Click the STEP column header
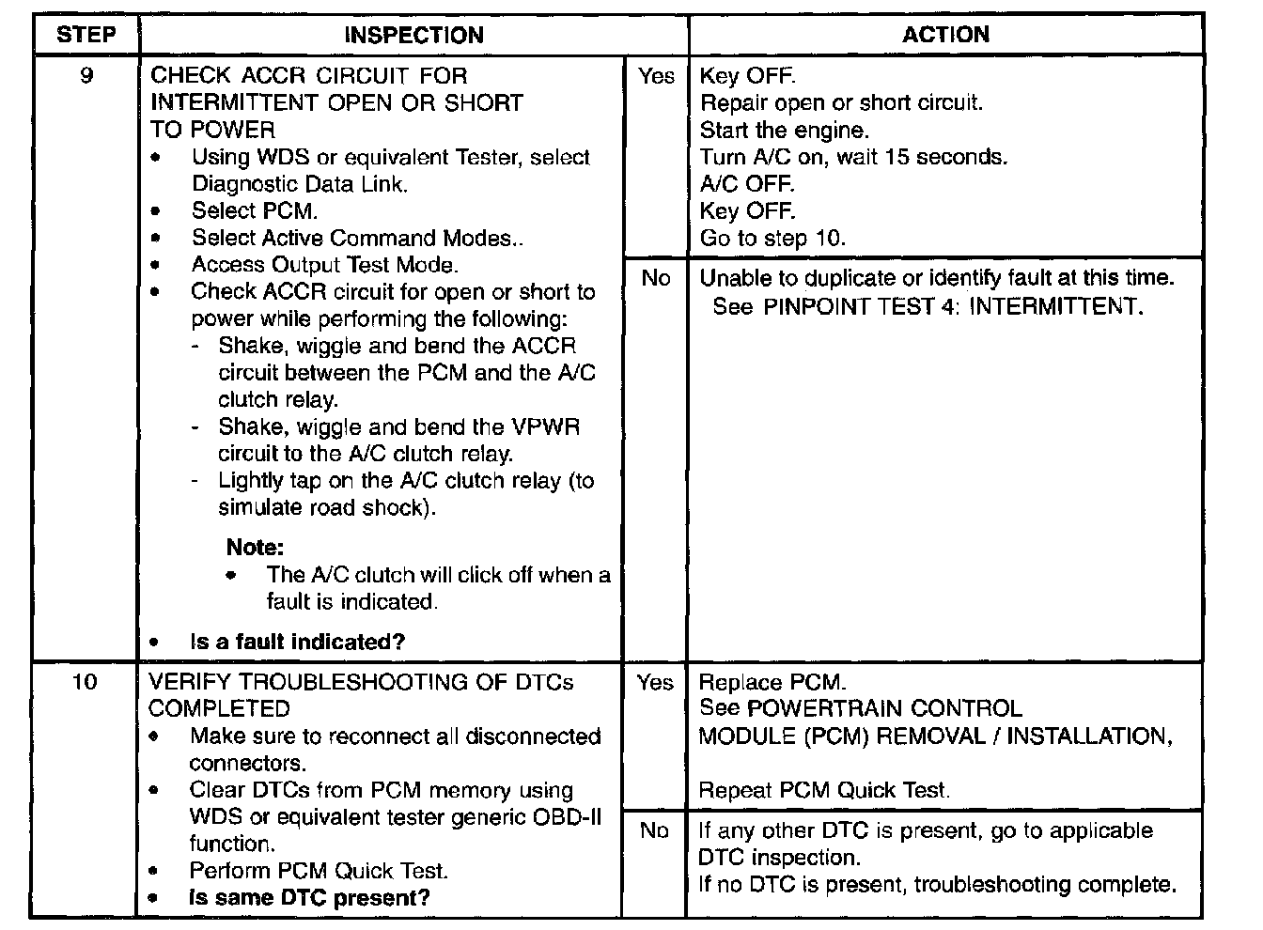pyautogui.click(x=86, y=36)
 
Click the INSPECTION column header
pyautogui.click(x=413, y=36)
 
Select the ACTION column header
pyautogui.click(x=945, y=35)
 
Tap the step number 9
pyautogui.click(x=86, y=76)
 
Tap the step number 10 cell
pyautogui.click(x=85, y=682)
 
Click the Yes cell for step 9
pyautogui.click(x=655, y=76)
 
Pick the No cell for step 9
pyautogui.click(x=655, y=278)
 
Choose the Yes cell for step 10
pyautogui.click(x=654, y=682)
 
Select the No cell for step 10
pyautogui.click(x=654, y=830)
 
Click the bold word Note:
pyautogui.click(x=255, y=547)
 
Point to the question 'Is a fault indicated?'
pyautogui.click(x=297, y=642)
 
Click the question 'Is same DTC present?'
pyautogui.click(x=309, y=897)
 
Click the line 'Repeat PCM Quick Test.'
pyautogui.click(x=824, y=790)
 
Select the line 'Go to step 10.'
pyautogui.click(x=772, y=238)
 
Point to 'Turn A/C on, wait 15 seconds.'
pyautogui.click(x=853, y=157)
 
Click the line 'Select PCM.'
pyautogui.click(x=255, y=210)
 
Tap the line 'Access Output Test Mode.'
pyautogui.click(x=325, y=265)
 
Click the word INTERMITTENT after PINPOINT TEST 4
pyautogui.click(x=1055, y=306)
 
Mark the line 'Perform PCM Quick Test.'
pyautogui.click(x=319, y=871)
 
